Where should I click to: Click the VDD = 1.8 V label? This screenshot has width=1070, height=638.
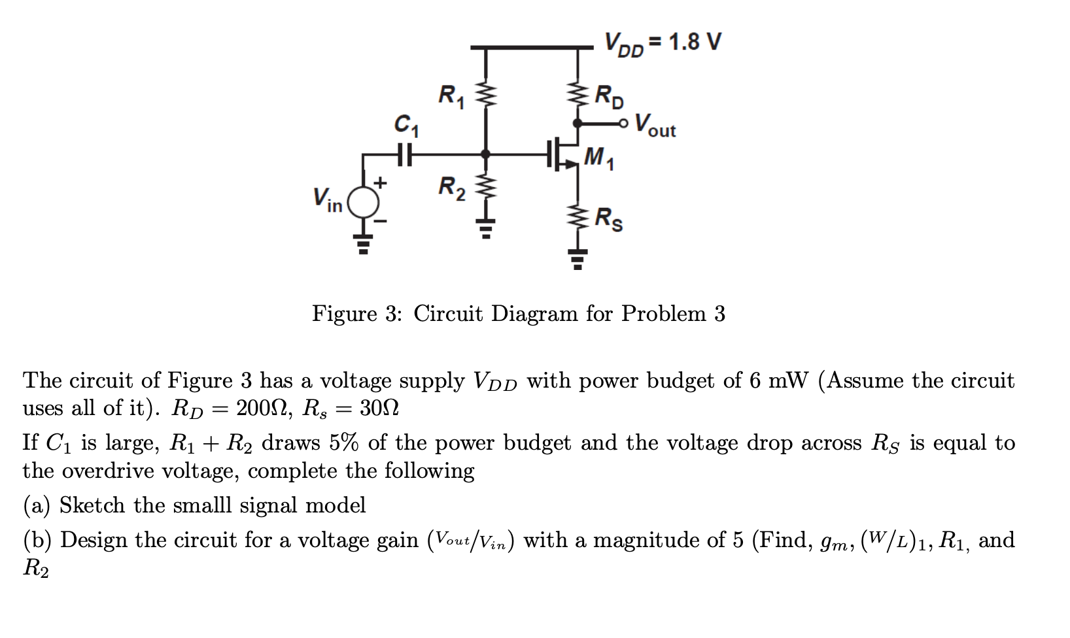[662, 44]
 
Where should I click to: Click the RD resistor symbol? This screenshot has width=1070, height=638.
[578, 93]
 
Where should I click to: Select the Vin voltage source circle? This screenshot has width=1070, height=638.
[364, 202]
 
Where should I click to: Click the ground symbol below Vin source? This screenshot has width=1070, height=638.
[364, 243]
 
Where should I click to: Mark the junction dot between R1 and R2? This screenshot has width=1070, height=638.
[485, 155]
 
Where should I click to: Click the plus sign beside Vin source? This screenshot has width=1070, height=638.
[381, 181]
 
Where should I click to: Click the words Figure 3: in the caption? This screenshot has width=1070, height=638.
[356, 314]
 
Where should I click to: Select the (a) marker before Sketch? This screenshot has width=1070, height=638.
[37, 505]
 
